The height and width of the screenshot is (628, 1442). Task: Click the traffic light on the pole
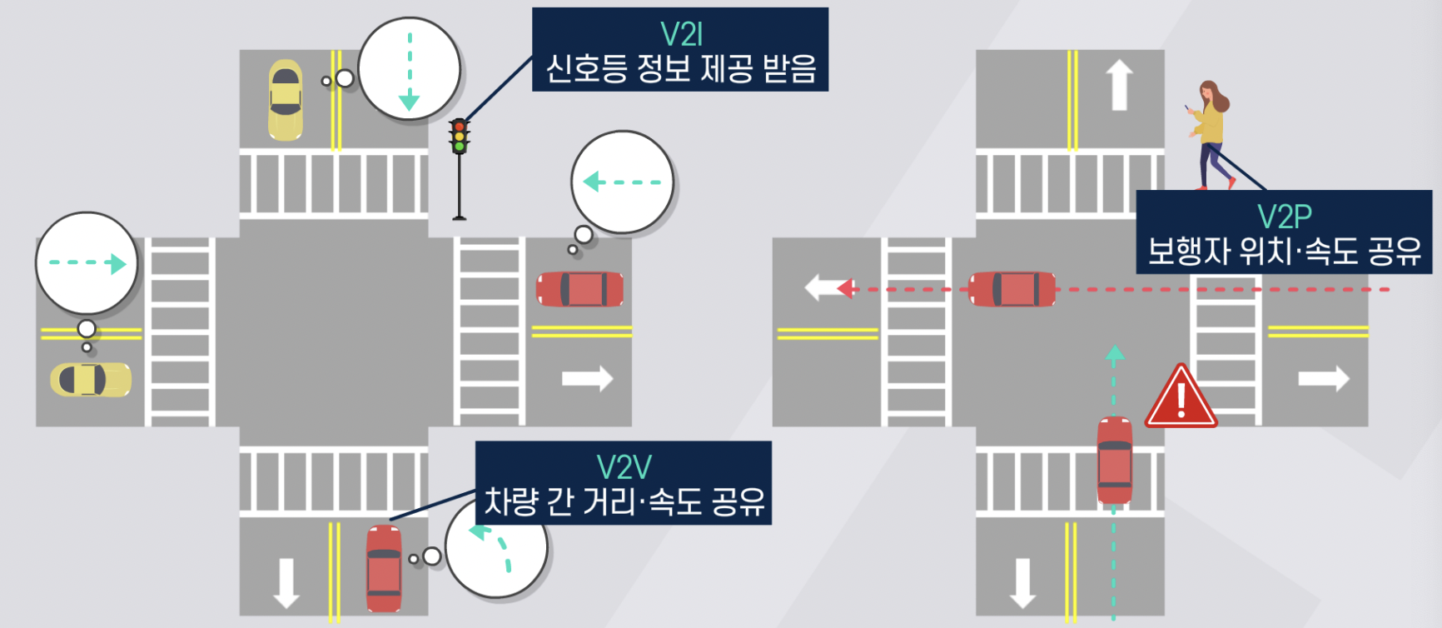(459, 137)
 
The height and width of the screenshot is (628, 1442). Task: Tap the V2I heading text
(681, 34)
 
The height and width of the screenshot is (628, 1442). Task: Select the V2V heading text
(624, 467)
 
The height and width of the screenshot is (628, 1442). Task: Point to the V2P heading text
(1284, 217)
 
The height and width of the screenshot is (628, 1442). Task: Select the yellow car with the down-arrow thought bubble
(285, 99)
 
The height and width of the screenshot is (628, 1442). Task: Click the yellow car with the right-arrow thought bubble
(91, 379)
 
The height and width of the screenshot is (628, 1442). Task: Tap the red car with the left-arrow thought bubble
(580, 289)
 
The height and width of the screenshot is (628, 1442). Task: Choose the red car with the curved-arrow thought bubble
(384, 568)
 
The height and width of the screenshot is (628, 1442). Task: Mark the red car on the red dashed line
(1012, 289)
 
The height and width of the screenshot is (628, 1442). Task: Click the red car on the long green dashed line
(1114, 460)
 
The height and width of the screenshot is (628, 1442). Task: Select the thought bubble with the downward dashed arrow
(410, 69)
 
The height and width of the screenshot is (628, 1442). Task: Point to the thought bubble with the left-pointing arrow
(622, 182)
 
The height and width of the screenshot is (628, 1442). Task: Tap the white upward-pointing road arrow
(1119, 84)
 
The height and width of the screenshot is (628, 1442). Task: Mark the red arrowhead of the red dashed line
(846, 289)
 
